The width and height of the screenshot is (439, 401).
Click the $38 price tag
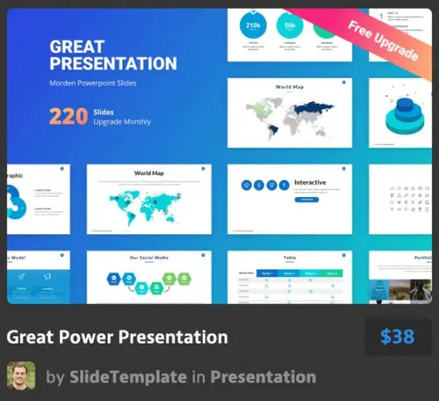[398, 337]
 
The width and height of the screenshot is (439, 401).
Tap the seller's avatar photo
[21, 376]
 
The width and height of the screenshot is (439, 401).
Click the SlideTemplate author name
[127, 377]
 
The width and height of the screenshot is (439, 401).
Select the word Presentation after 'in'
[263, 377]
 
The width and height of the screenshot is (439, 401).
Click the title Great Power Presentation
[117, 337]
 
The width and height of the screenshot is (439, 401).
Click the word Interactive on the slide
[309, 183]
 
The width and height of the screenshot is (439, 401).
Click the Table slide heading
[290, 259]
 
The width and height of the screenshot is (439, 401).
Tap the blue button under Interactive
[306, 200]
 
